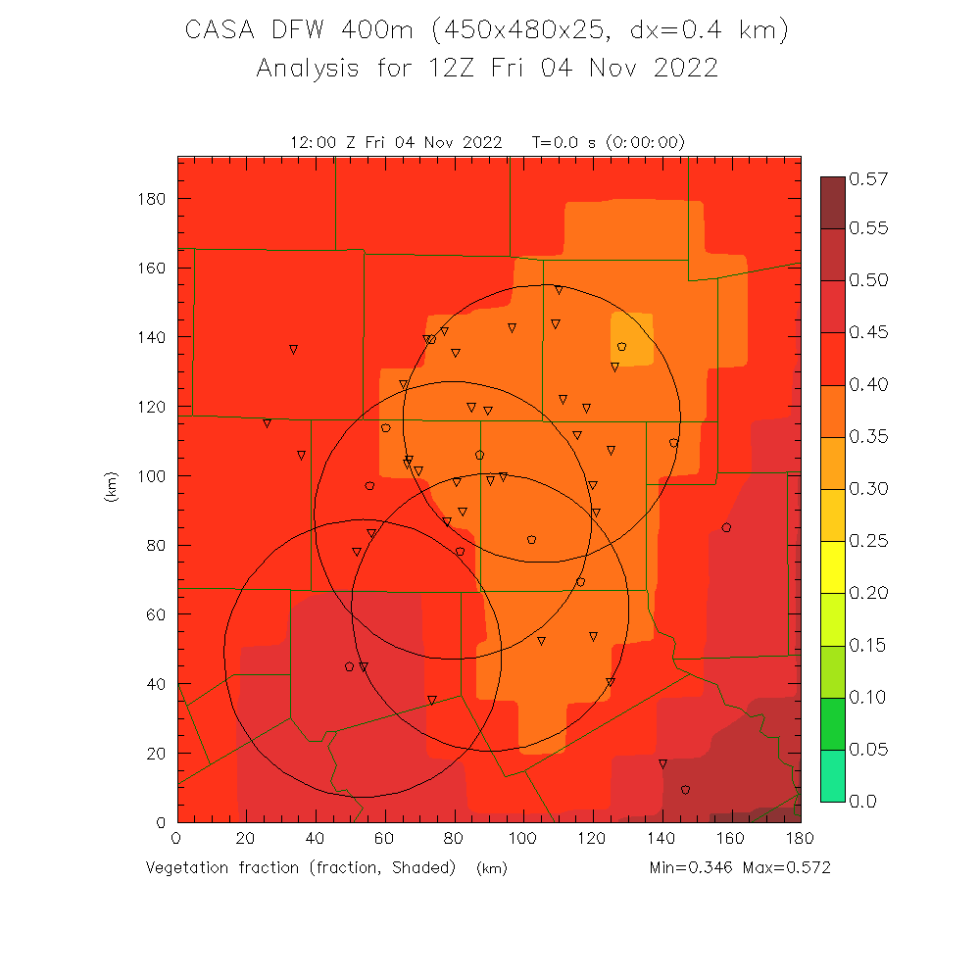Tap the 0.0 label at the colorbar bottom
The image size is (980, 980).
click(x=862, y=802)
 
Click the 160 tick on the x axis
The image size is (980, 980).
click(x=731, y=839)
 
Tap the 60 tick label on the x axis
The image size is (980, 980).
click(x=385, y=839)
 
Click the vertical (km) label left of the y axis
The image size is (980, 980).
click(x=110, y=487)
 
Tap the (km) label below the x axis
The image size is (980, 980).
click(x=491, y=868)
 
